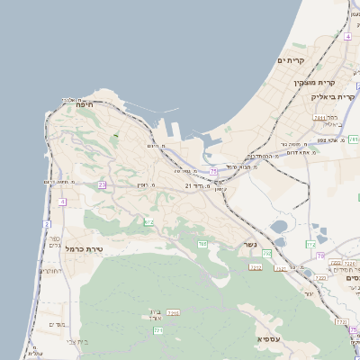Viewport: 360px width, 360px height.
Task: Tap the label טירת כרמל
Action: (x=87, y=249)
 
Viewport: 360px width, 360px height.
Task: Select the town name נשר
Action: (x=248, y=244)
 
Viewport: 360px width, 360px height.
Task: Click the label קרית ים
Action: (x=292, y=60)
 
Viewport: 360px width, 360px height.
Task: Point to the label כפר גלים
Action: (x=52, y=243)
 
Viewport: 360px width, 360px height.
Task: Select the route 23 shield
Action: (x=102, y=184)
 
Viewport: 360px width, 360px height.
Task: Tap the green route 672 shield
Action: (x=148, y=221)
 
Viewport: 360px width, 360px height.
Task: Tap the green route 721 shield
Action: (x=158, y=331)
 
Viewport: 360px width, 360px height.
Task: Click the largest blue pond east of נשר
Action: (x=280, y=226)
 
